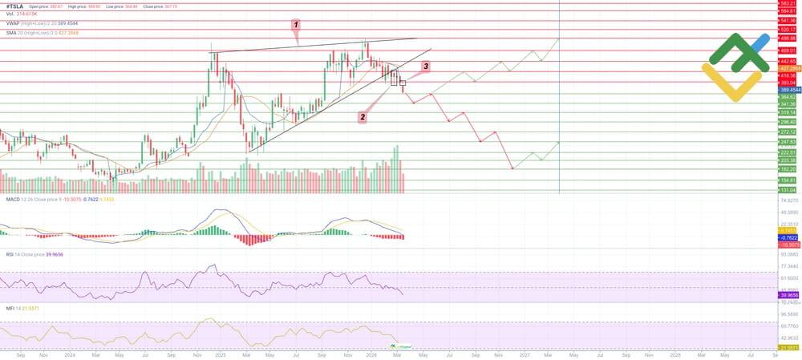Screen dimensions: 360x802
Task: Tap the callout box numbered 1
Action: pos(296,25)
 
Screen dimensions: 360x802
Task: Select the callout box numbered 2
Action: pos(363,117)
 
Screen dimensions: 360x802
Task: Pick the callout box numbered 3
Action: pos(426,67)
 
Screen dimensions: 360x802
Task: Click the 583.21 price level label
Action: pos(787,3)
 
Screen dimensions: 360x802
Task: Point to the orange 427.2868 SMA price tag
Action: pos(787,68)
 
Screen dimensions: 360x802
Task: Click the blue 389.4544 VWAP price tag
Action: pos(787,90)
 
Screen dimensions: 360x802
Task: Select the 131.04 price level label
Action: pos(787,190)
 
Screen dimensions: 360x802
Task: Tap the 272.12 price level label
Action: pos(787,131)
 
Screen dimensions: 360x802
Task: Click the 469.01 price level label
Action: pos(787,51)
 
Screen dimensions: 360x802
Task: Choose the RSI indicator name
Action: pos(10,253)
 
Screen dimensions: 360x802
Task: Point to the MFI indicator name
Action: pos(10,308)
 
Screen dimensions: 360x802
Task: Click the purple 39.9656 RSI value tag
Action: pos(787,294)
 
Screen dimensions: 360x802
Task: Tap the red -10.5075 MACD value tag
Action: pos(787,244)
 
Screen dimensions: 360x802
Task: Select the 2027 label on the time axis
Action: pos(524,354)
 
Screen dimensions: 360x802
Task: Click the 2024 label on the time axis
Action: pos(69,354)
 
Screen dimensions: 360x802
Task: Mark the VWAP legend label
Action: pos(14,23)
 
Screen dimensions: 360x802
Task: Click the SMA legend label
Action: pos(13,31)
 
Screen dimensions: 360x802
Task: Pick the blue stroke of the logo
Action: pos(759,41)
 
